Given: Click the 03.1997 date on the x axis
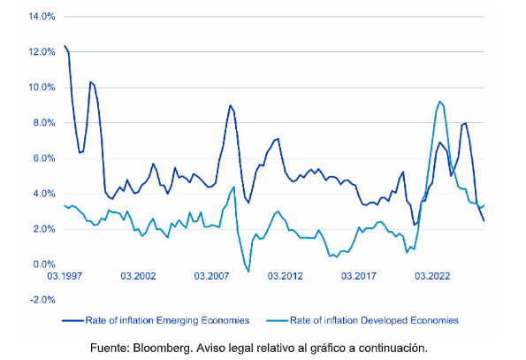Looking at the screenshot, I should point(65,276).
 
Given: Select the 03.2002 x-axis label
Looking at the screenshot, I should point(138,276).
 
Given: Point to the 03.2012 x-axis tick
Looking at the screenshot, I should point(285,276).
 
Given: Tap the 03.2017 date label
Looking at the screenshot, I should point(358,276).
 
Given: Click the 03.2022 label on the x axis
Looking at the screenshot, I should point(431,276).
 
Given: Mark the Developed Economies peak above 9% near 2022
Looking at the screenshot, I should point(440,102).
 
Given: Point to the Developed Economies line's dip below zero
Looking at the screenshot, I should point(248,271).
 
